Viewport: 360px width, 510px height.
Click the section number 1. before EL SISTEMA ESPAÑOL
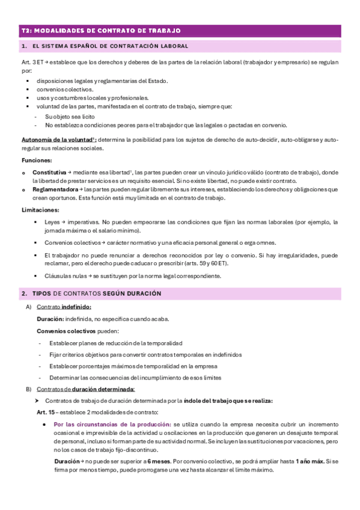[x=23, y=46]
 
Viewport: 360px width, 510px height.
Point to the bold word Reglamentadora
[x=55, y=189]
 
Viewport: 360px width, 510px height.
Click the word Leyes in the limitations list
[x=52, y=221]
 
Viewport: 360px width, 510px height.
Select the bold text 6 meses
[x=158, y=461]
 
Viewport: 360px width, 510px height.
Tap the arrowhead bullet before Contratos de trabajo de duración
[x=38, y=401]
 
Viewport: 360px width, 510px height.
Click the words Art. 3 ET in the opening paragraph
[x=32, y=62]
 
